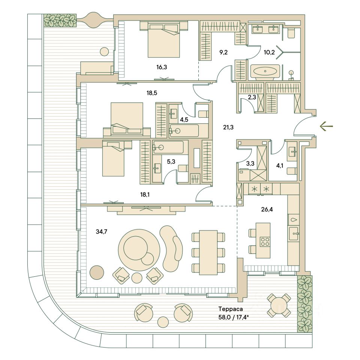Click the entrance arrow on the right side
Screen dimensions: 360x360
pos(326,126)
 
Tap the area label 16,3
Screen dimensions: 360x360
pos(162,67)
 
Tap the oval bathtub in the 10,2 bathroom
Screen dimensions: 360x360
pos(265,71)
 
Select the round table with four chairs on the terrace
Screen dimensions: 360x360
pos(278,305)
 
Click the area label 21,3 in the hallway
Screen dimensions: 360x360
pos(228,127)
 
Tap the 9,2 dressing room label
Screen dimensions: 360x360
pos(223,52)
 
